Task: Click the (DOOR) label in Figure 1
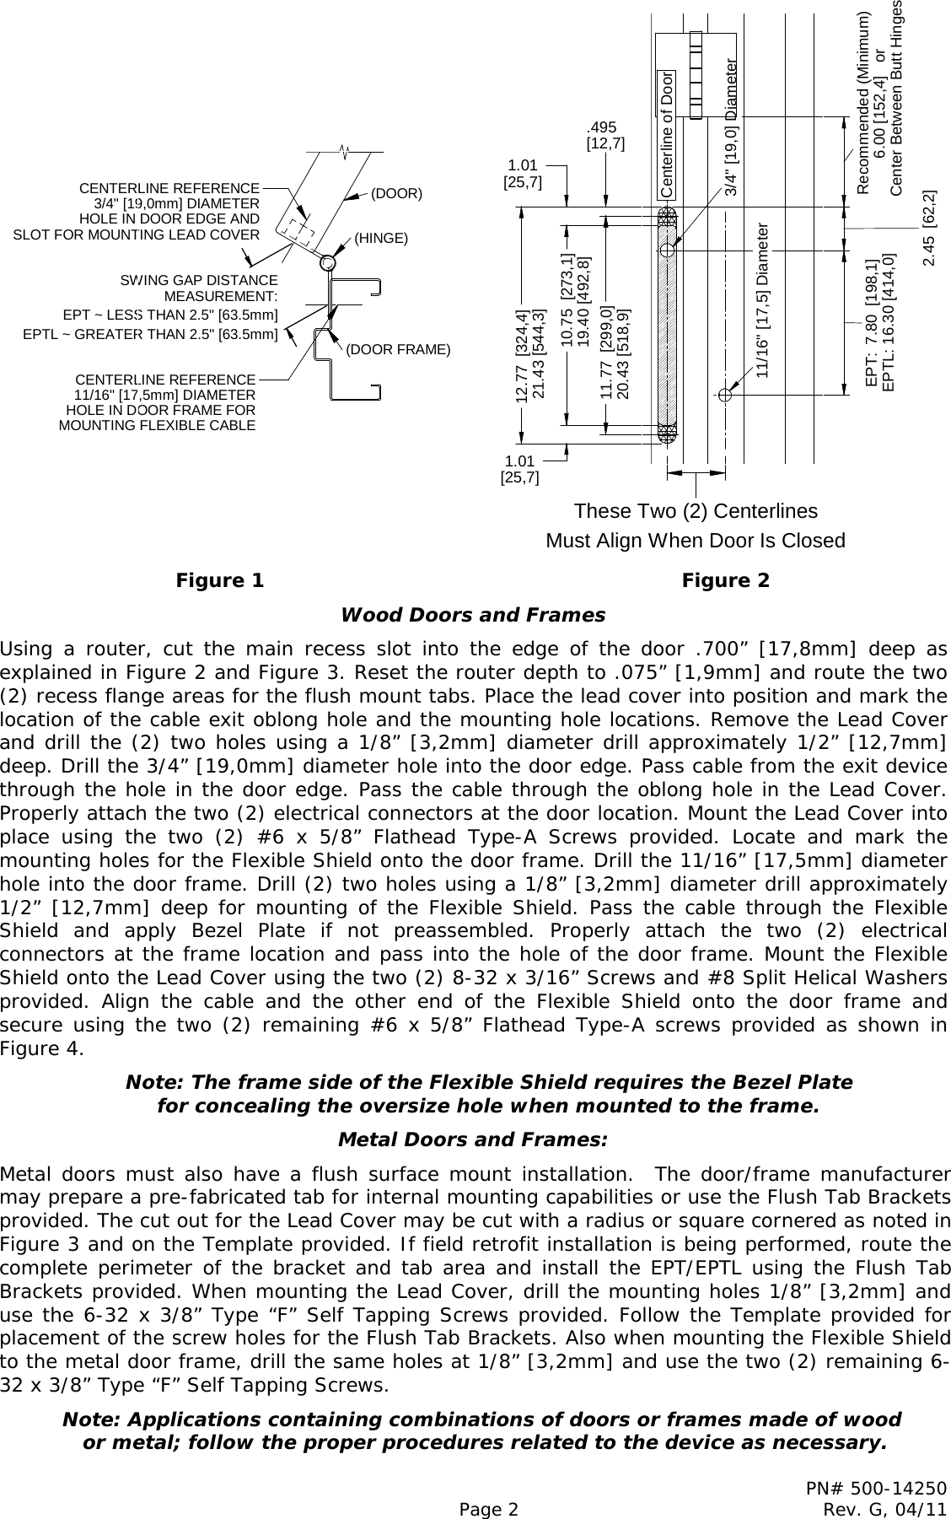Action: point(396,193)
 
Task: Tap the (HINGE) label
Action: point(381,238)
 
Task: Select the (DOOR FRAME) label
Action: point(398,349)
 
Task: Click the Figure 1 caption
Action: point(219,580)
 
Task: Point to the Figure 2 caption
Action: point(725,580)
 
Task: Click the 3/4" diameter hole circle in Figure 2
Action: point(667,250)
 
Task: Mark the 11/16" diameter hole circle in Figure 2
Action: point(723,393)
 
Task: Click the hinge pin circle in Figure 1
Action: point(327,263)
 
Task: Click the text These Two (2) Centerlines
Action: point(695,511)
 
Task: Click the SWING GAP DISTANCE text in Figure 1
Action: point(199,280)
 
